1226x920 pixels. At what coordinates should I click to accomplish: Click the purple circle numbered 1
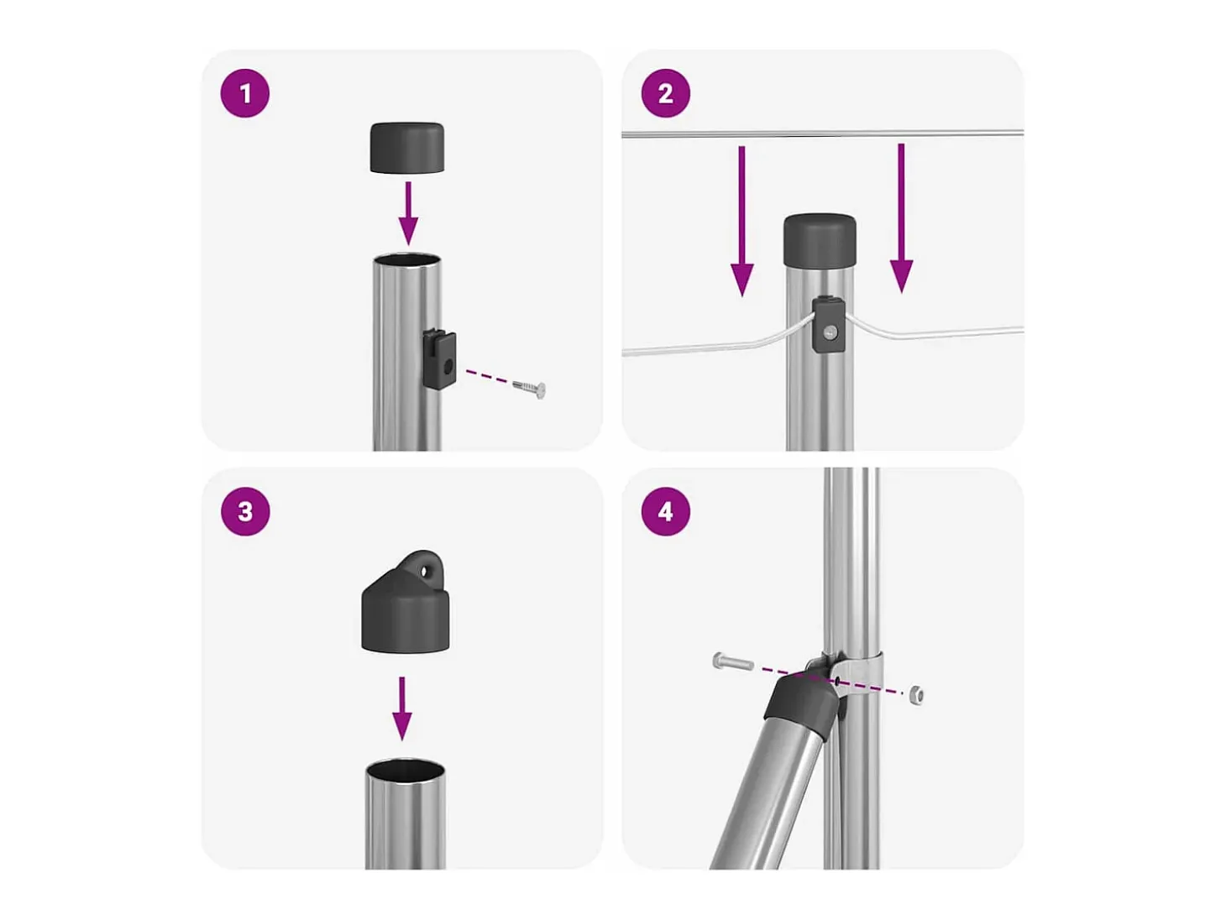pyautogui.click(x=244, y=93)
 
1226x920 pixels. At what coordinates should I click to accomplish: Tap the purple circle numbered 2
pyautogui.click(x=665, y=93)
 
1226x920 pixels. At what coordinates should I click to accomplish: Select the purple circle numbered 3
pyautogui.click(x=244, y=511)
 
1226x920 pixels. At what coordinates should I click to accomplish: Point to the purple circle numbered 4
pyautogui.click(x=665, y=511)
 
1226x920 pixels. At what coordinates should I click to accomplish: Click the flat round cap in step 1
pyautogui.click(x=407, y=148)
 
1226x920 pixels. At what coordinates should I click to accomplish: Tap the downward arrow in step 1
pyautogui.click(x=408, y=213)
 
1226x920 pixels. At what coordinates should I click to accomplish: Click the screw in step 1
pyautogui.click(x=529, y=388)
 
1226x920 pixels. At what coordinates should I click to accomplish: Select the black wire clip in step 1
pyautogui.click(x=439, y=358)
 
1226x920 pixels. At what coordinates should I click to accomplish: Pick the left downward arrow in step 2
pyautogui.click(x=741, y=221)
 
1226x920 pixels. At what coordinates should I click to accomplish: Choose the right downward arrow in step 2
pyautogui.click(x=900, y=218)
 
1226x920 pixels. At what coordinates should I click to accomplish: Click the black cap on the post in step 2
pyautogui.click(x=820, y=241)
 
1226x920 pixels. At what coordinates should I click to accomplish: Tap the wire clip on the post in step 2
pyautogui.click(x=828, y=325)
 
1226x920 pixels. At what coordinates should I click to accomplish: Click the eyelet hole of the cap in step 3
pyautogui.click(x=427, y=571)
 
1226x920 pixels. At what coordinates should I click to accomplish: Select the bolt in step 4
pyautogui.click(x=733, y=662)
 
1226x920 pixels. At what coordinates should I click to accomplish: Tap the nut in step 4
pyautogui.click(x=916, y=695)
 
